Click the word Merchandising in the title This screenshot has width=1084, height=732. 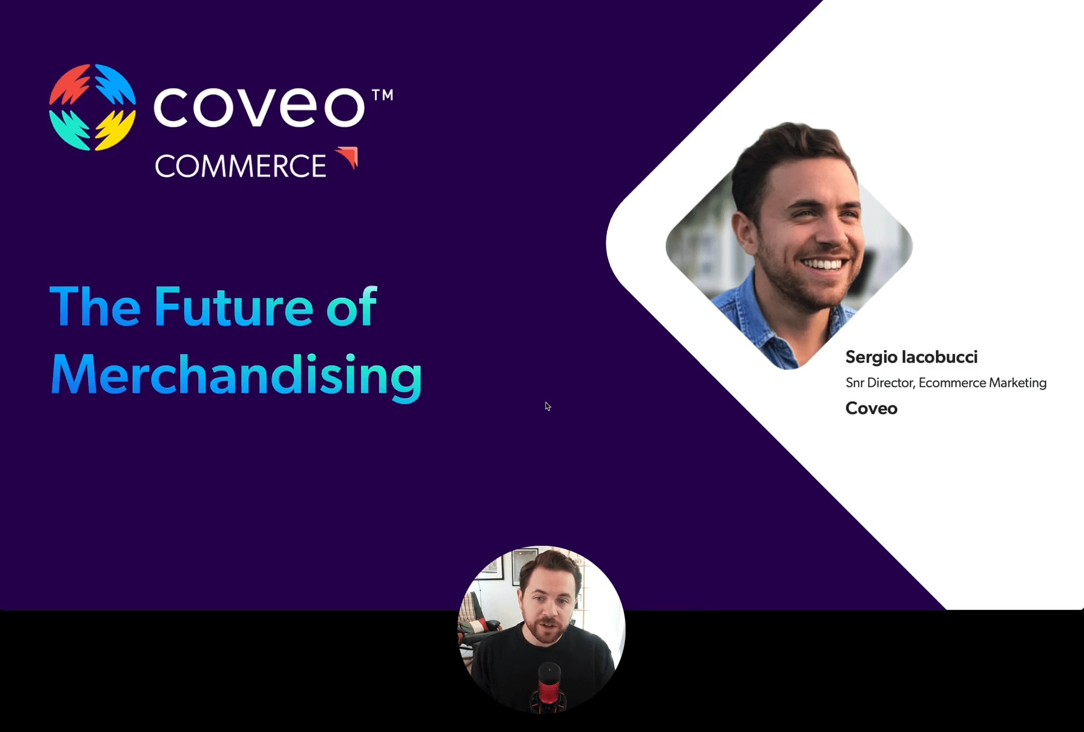237,376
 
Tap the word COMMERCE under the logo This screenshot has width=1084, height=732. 241,166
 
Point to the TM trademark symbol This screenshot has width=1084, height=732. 383,95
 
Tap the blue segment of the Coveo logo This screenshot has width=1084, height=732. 115,85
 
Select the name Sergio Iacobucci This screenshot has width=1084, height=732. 911,357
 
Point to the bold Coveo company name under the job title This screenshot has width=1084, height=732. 871,408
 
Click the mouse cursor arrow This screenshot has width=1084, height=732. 548,407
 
